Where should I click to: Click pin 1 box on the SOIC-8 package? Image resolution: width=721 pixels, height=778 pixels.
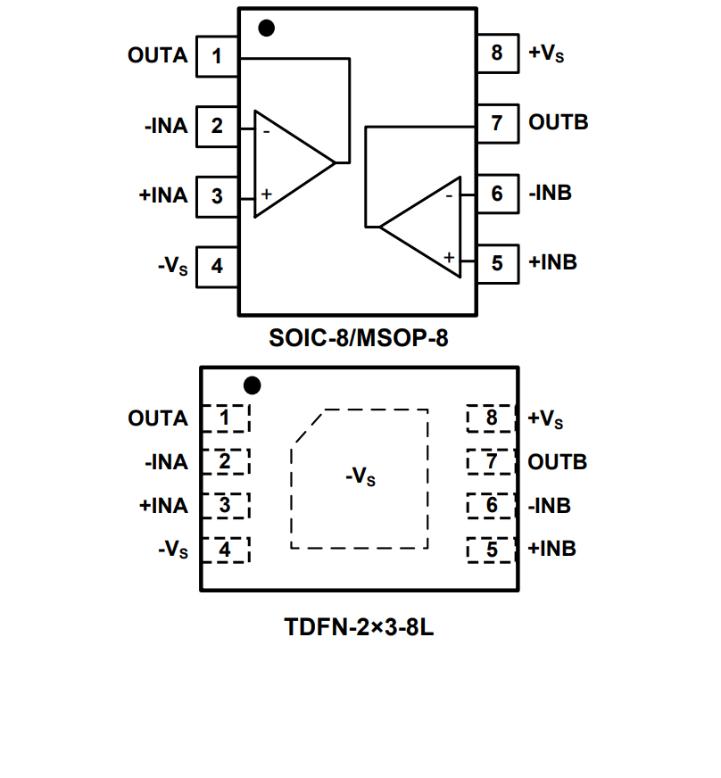coord(217,56)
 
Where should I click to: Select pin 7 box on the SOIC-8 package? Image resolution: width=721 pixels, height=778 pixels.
coord(497,123)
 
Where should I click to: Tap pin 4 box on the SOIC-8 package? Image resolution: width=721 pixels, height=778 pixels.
coord(217,266)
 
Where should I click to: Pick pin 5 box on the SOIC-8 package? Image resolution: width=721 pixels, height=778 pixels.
coord(497,263)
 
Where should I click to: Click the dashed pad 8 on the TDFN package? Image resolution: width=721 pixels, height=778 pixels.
coord(492,418)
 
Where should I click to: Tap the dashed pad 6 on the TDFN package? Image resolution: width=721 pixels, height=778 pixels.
coord(492,506)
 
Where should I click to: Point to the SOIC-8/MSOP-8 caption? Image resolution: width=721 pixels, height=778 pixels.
coord(358,339)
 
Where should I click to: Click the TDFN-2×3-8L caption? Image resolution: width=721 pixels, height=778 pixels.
coord(359,626)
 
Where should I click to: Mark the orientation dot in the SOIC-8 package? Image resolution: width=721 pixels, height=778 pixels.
coord(266,28)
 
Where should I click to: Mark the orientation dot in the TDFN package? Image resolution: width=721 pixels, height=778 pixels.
coord(253,385)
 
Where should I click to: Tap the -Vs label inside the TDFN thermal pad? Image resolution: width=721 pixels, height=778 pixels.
coord(360,476)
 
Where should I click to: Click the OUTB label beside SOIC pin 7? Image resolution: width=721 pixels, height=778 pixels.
coord(559,122)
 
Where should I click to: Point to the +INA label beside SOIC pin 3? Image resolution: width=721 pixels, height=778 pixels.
coord(163,195)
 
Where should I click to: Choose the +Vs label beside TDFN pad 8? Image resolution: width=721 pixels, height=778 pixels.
coord(546,418)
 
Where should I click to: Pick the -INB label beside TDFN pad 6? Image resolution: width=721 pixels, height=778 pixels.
coord(550,506)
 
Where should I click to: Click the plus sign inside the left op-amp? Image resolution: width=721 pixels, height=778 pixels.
coord(266,194)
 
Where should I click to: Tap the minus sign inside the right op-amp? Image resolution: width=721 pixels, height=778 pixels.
coord(449,194)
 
